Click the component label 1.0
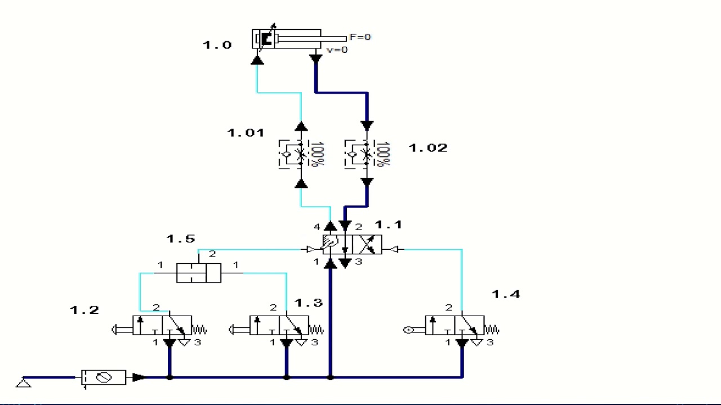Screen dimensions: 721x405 pos(217,44)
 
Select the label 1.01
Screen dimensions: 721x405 pos(246,132)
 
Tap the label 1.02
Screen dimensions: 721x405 pos(428,148)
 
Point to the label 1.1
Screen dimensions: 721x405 pos(389,224)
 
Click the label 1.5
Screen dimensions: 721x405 pos(181,238)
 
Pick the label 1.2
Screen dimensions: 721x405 pos(84,310)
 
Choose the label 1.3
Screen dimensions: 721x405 pos(308,303)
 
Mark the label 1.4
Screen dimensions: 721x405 pos(506,294)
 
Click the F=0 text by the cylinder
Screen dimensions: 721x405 pos(360,37)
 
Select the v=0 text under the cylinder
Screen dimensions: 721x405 pos(337,50)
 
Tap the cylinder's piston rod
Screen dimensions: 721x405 pos(312,39)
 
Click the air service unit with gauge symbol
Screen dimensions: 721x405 pos(103,377)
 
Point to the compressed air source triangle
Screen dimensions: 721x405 pos(24,383)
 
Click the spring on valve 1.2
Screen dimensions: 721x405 pos(199,330)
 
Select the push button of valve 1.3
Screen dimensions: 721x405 pos(239,330)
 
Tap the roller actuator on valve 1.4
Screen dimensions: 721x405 pos(414,330)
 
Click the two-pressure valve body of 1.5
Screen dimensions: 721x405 pos(199,273)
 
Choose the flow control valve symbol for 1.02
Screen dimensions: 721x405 pos(360,154)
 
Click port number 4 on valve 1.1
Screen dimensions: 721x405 pos(317,227)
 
